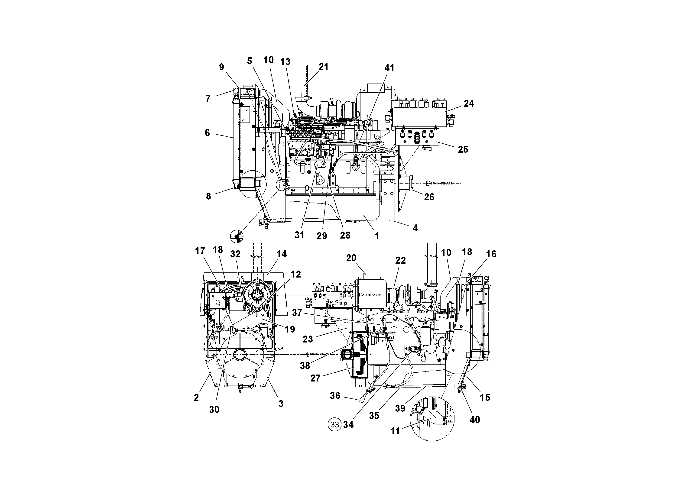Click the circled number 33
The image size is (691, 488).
click(x=334, y=424)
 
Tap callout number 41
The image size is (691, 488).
click(x=389, y=68)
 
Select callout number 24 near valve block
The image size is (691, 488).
click(x=469, y=103)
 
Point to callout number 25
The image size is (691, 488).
click(x=463, y=149)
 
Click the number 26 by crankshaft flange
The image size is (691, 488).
click(x=429, y=197)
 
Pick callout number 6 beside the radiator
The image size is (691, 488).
click(x=207, y=133)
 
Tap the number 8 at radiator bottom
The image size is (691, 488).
click(x=208, y=196)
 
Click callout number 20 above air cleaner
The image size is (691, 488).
click(x=351, y=258)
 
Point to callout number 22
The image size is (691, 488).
click(x=400, y=260)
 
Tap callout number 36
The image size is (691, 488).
click(x=335, y=395)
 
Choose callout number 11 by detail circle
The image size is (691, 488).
click(x=395, y=431)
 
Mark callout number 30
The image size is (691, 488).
click(x=214, y=410)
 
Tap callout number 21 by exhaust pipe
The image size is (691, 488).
click(x=323, y=67)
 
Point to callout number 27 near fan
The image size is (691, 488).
click(x=315, y=378)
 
